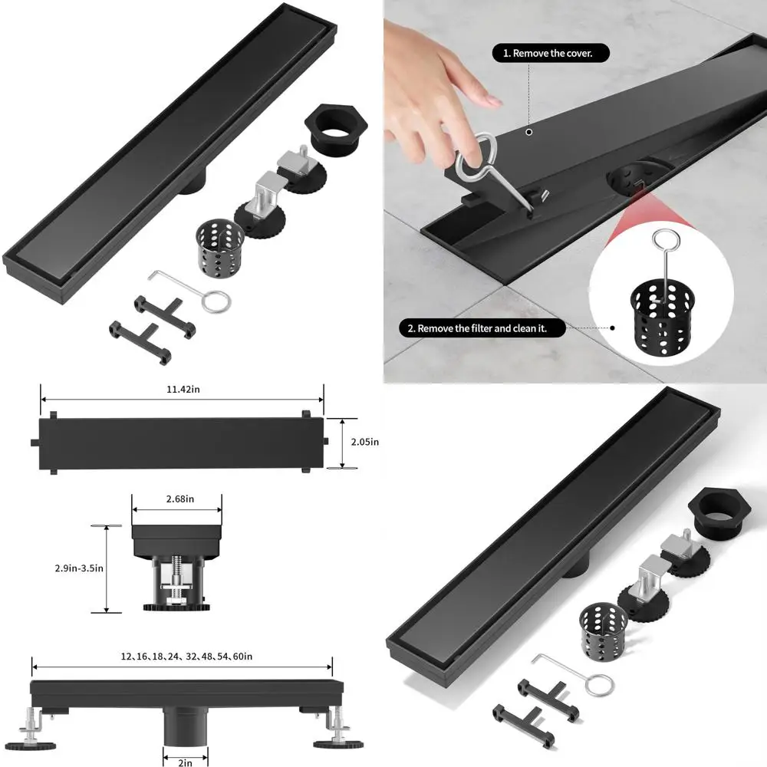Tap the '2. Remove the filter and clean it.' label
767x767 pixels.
[482, 328]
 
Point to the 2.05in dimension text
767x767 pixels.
[366, 442]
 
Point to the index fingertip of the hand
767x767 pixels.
[495, 100]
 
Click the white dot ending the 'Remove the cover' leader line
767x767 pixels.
[528, 133]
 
